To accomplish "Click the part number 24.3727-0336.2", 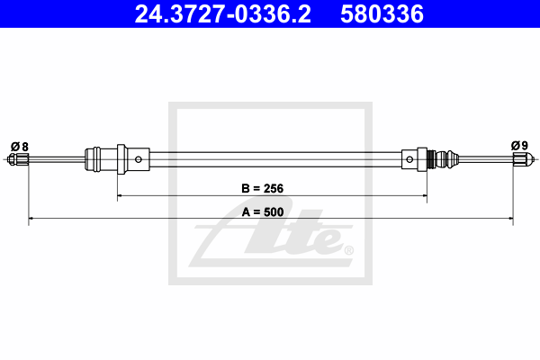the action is (223, 14).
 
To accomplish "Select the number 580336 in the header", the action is (382, 14).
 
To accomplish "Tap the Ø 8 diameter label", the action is (19, 147).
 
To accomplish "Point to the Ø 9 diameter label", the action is (519, 146).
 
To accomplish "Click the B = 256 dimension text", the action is (263, 188).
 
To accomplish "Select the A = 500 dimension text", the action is (263, 211).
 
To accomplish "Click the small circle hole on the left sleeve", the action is (139, 159).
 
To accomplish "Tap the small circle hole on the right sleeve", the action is (409, 159).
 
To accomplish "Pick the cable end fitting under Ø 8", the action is (18, 159).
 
